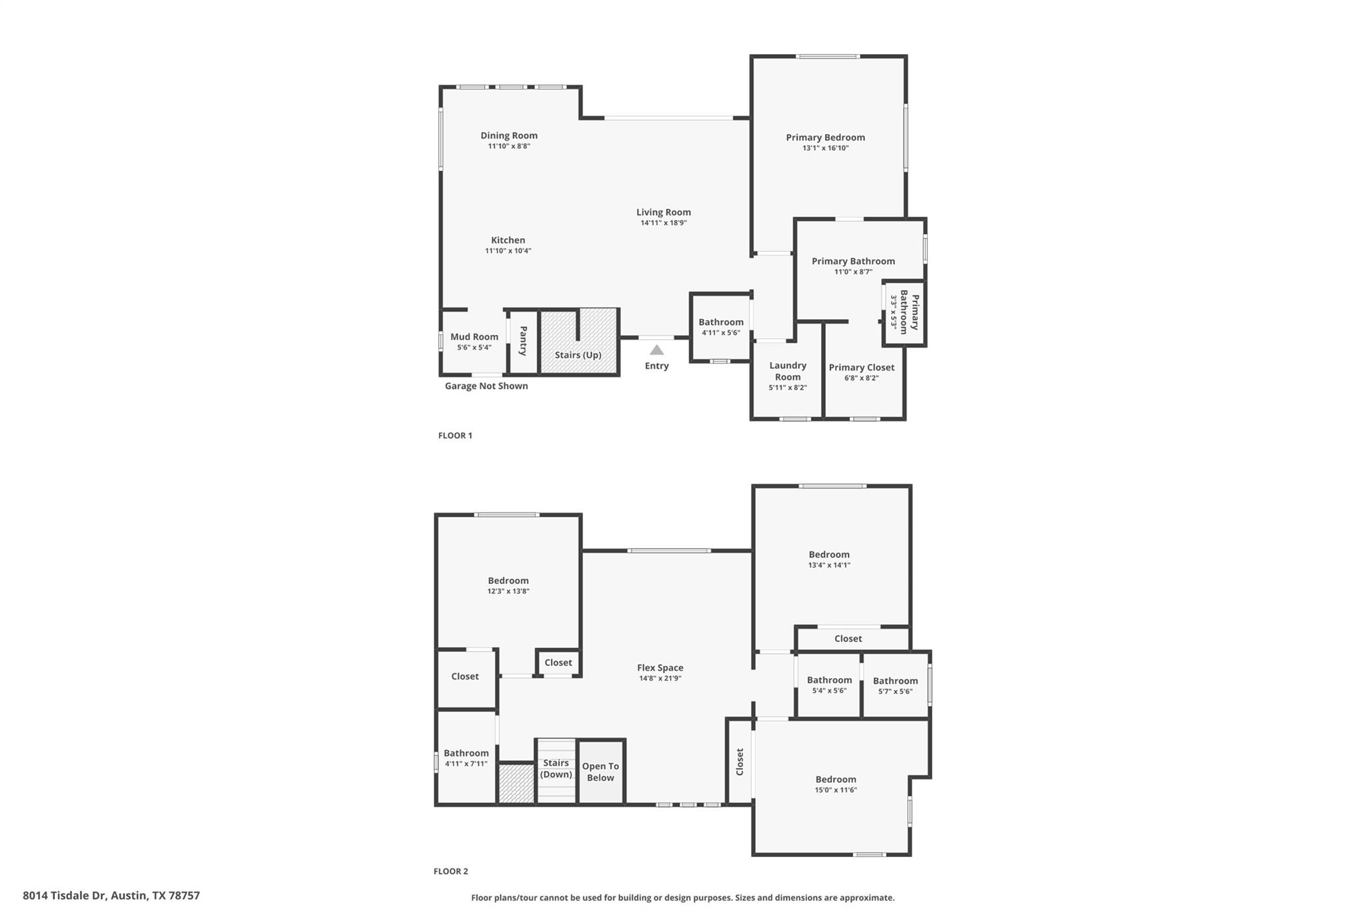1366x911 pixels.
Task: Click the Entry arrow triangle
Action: pyautogui.click(x=657, y=350)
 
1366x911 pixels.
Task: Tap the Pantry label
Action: pyautogui.click(x=524, y=340)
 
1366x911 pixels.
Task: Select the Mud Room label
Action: pyautogui.click(x=474, y=337)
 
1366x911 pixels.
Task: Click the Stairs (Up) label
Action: pyautogui.click(x=578, y=355)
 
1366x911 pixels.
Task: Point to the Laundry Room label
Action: pyautogui.click(x=788, y=371)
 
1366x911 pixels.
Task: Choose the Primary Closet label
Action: pyautogui.click(x=862, y=367)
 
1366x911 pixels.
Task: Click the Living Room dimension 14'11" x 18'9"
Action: pyautogui.click(x=664, y=223)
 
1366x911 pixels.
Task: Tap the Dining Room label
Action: pyautogui.click(x=509, y=135)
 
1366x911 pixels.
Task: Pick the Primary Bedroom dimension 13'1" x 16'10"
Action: pyautogui.click(x=826, y=148)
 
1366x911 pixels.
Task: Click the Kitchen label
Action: pyautogui.click(x=508, y=240)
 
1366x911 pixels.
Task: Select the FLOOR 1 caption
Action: pyautogui.click(x=455, y=436)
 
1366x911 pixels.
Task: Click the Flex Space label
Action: pyautogui.click(x=660, y=667)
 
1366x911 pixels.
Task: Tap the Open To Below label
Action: pyautogui.click(x=600, y=772)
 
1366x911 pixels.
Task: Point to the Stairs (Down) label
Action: pyautogui.click(x=556, y=768)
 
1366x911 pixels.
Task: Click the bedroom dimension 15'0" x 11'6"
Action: pyautogui.click(x=836, y=790)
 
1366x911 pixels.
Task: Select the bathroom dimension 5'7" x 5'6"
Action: pyautogui.click(x=896, y=691)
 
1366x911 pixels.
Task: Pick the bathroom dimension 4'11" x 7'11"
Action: pyautogui.click(x=466, y=764)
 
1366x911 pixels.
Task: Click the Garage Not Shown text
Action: pyautogui.click(x=486, y=386)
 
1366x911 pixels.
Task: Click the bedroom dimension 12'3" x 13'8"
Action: pyautogui.click(x=508, y=591)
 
